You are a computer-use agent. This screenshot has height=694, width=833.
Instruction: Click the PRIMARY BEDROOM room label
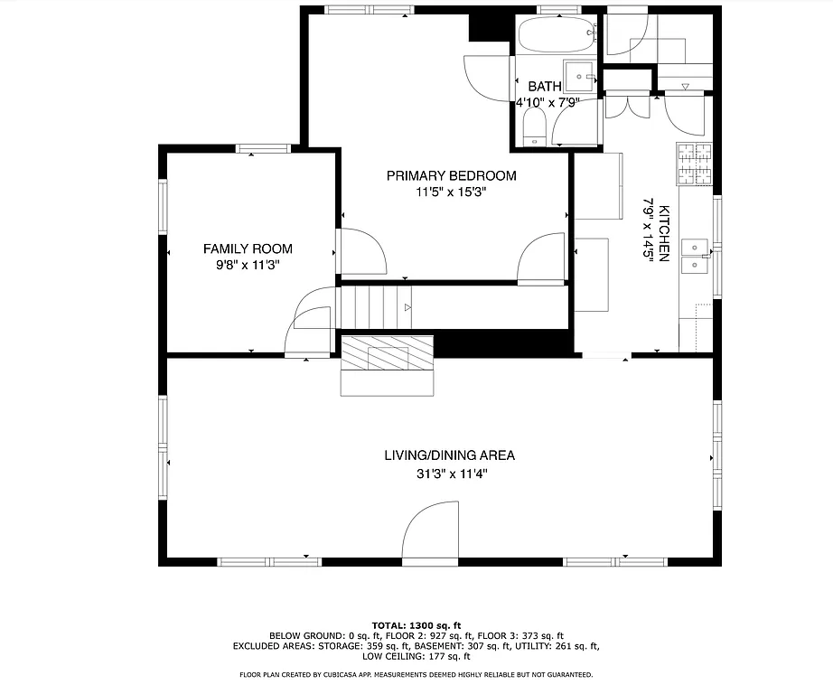tap(451, 175)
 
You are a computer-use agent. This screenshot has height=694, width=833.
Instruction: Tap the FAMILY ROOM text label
tap(248, 249)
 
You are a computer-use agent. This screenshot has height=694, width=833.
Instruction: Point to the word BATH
tap(545, 87)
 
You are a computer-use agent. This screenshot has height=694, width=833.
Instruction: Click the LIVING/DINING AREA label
tap(450, 455)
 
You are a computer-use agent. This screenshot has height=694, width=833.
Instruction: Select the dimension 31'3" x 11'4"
tap(450, 473)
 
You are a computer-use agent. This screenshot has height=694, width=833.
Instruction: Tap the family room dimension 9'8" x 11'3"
tap(248, 266)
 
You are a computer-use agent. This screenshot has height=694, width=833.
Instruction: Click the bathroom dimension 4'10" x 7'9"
tap(548, 103)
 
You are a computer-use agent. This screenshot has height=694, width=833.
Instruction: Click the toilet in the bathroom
tap(533, 136)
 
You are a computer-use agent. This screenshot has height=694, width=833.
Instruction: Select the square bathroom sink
tap(578, 75)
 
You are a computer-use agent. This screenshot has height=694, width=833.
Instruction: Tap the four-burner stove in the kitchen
tap(694, 164)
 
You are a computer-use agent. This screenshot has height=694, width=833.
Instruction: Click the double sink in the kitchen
tap(695, 255)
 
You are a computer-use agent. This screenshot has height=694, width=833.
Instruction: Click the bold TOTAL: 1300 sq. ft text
tap(416, 624)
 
